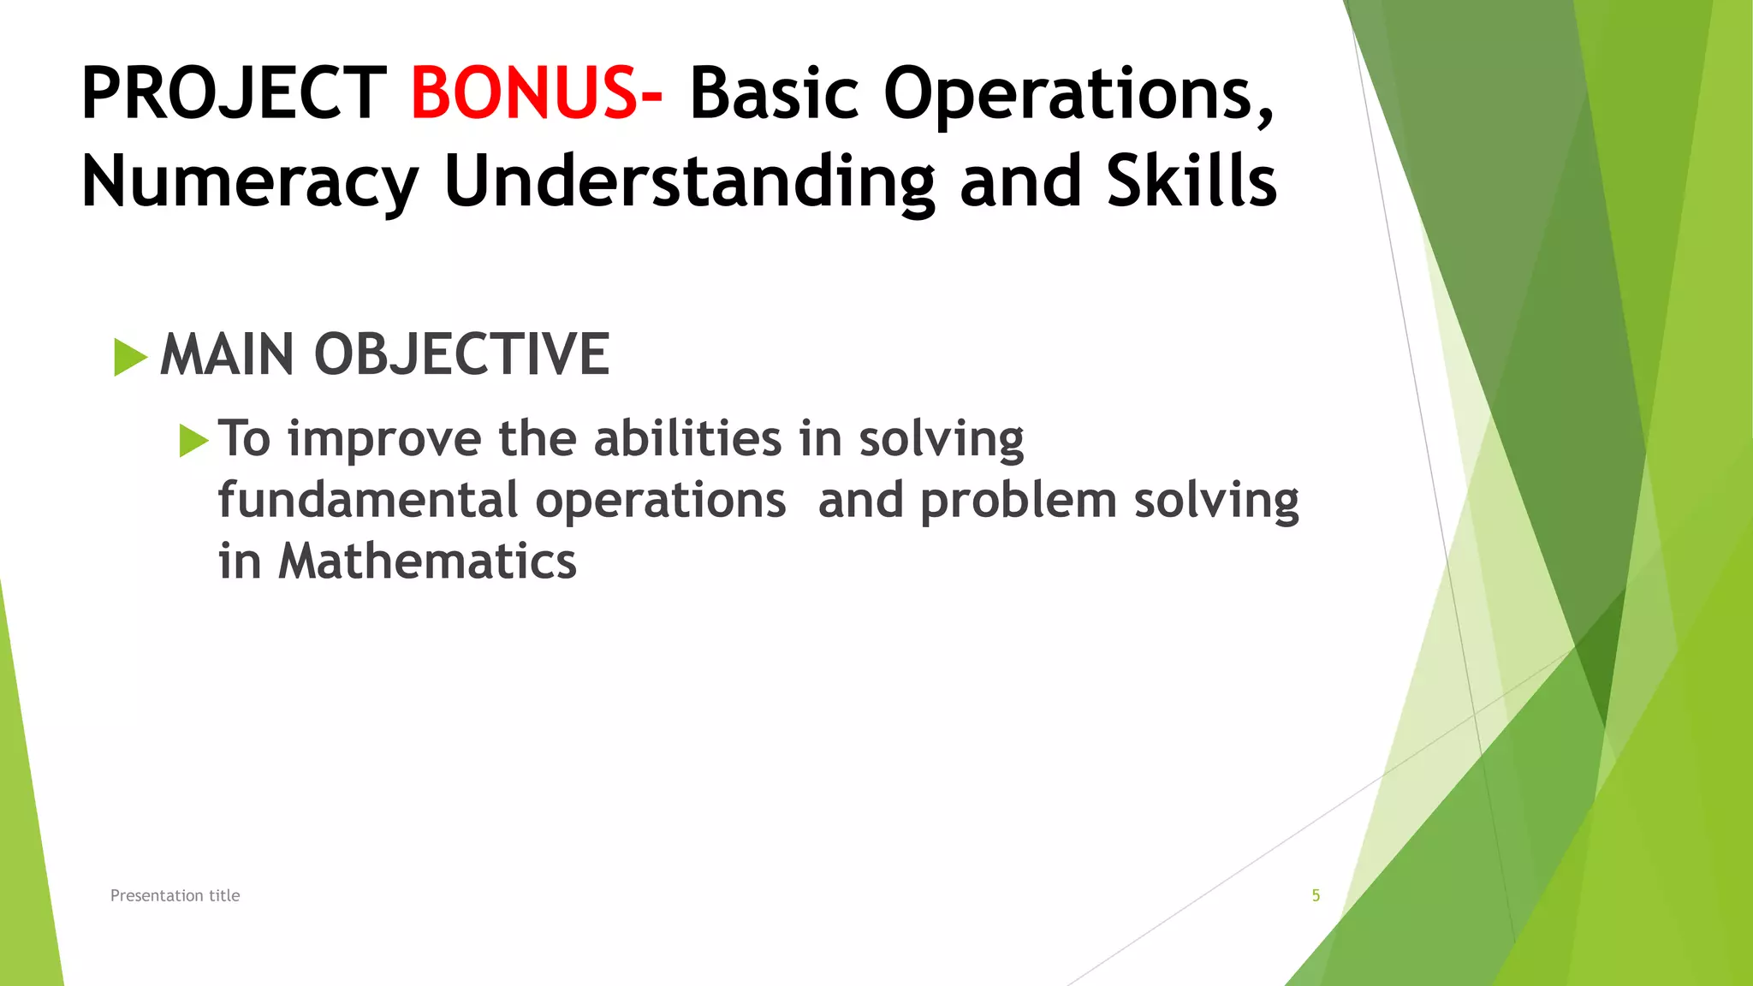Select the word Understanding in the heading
click(x=690, y=181)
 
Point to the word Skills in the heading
click(x=1191, y=181)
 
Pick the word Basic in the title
click(x=774, y=93)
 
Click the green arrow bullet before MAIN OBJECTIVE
click(x=130, y=357)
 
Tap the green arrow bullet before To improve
click(x=193, y=441)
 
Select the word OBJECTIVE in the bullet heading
click(x=461, y=354)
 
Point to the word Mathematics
click(x=427, y=561)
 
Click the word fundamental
click(x=368, y=500)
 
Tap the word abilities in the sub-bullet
click(x=687, y=438)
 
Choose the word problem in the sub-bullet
click(x=1019, y=502)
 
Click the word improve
click(x=384, y=440)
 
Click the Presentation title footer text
click(x=175, y=895)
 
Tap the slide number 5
click(x=1316, y=895)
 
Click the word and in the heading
click(x=1020, y=181)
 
